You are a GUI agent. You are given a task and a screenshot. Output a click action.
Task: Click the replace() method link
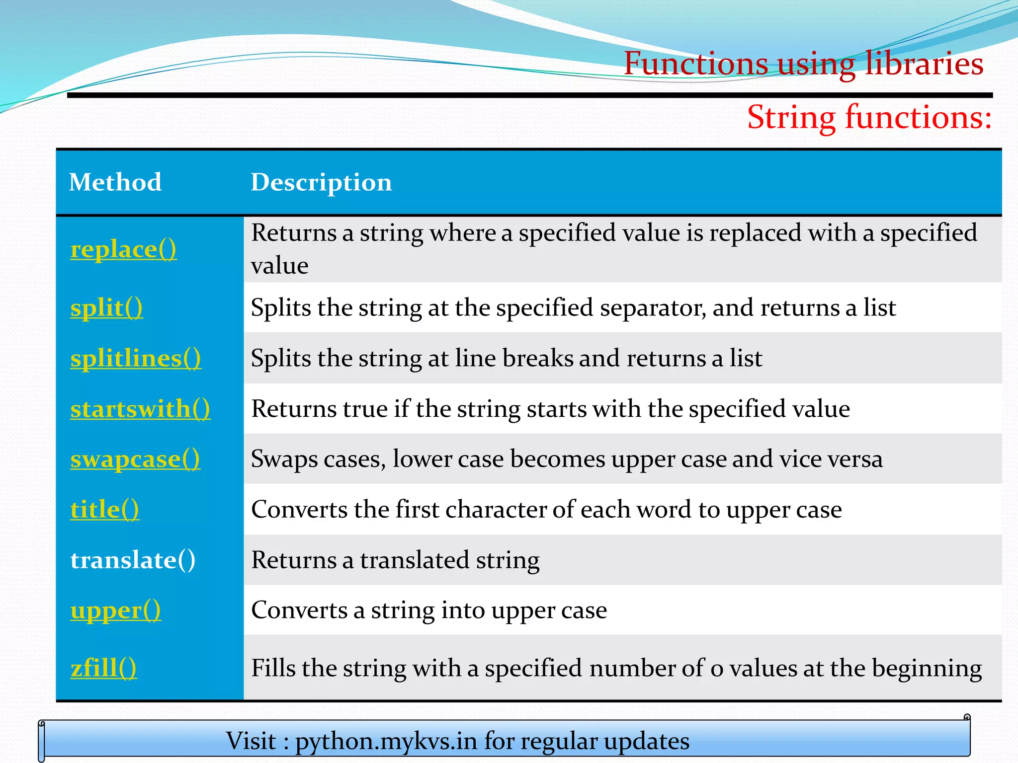(x=123, y=249)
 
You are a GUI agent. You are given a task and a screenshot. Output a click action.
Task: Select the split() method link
(x=106, y=308)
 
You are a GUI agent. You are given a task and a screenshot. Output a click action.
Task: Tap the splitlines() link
(x=136, y=358)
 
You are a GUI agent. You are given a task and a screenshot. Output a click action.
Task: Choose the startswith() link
(x=140, y=409)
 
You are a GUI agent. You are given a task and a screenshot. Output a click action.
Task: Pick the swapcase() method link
(x=135, y=459)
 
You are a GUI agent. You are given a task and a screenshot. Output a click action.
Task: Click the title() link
(x=104, y=510)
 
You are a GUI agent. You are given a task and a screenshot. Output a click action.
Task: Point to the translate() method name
(x=133, y=560)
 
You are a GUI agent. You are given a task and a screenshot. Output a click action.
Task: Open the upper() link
(x=115, y=610)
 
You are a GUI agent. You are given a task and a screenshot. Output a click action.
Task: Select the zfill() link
(x=103, y=668)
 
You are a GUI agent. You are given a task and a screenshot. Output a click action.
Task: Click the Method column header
(x=115, y=182)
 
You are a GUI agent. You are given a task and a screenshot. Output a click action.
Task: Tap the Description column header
(x=321, y=182)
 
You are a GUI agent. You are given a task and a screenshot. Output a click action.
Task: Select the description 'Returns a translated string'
(x=395, y=560)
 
